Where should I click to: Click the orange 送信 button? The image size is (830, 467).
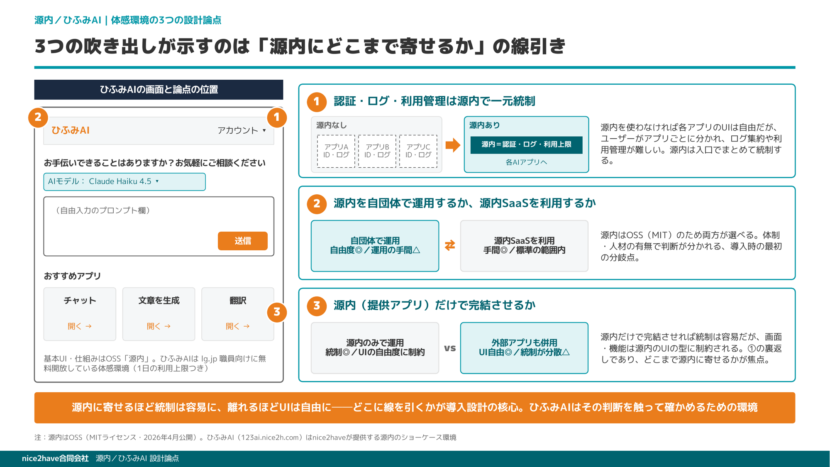242,241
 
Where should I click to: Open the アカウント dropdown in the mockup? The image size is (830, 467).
242,130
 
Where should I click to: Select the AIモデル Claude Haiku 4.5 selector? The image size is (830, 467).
124,182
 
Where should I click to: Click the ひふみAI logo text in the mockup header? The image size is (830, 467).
70,130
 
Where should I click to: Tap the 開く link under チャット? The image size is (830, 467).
80,326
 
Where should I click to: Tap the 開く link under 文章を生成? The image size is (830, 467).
159,326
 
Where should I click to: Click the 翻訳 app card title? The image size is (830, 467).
238,301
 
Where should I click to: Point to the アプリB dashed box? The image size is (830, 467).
377,151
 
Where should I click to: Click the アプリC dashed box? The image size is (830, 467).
418,151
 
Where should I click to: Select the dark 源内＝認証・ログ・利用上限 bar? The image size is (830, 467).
526,145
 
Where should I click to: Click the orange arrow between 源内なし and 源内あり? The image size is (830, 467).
453,145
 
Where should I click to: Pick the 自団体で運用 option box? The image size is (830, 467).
375,246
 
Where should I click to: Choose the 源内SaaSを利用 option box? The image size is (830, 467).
524,246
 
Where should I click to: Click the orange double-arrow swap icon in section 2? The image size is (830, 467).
450,246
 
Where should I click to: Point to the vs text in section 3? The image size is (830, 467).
450,348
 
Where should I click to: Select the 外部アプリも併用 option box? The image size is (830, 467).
524,348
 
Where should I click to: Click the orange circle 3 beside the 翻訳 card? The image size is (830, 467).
277,312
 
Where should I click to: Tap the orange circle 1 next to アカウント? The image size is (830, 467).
277,117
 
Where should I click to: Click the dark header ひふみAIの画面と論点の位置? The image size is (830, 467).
159,90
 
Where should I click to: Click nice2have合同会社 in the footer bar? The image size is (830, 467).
55,458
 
